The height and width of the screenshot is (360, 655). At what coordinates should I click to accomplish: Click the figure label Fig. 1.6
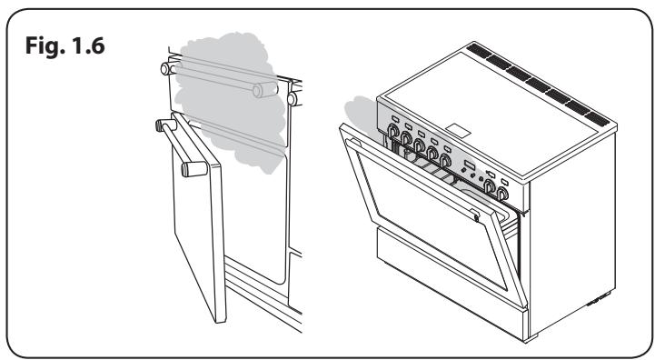tap(65, 45)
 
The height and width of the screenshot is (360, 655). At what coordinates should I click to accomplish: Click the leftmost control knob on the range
tap(393, 131)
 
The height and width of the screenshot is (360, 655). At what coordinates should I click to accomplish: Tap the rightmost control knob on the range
tap(502, 194)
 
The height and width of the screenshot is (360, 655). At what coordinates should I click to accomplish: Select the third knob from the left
tap(419, 146)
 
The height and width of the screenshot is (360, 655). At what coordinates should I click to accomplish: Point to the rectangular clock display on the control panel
tap(470, 165)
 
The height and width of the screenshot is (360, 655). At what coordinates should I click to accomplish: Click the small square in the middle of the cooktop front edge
tap(458, 130)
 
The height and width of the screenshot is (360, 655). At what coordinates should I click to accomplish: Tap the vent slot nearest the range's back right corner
tap(597, 120)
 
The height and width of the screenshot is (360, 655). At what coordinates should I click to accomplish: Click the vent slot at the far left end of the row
tap(478, 49)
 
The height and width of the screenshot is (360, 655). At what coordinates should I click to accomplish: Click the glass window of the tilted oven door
tap(431, 217)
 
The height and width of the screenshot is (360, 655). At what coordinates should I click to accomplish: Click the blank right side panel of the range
tap(572, 235)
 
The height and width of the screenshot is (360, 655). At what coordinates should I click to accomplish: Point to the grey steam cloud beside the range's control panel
tap(362, 113)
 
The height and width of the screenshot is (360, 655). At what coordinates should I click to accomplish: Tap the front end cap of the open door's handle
tap(194, 169)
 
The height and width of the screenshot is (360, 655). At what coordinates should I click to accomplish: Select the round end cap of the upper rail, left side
tap(166, 68)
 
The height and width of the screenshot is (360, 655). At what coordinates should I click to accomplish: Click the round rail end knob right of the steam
tap(292, 99)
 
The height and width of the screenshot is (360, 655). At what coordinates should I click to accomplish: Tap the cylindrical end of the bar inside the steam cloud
tap(265, 90)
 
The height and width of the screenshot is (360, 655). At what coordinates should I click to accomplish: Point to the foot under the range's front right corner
tap(531, 338)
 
